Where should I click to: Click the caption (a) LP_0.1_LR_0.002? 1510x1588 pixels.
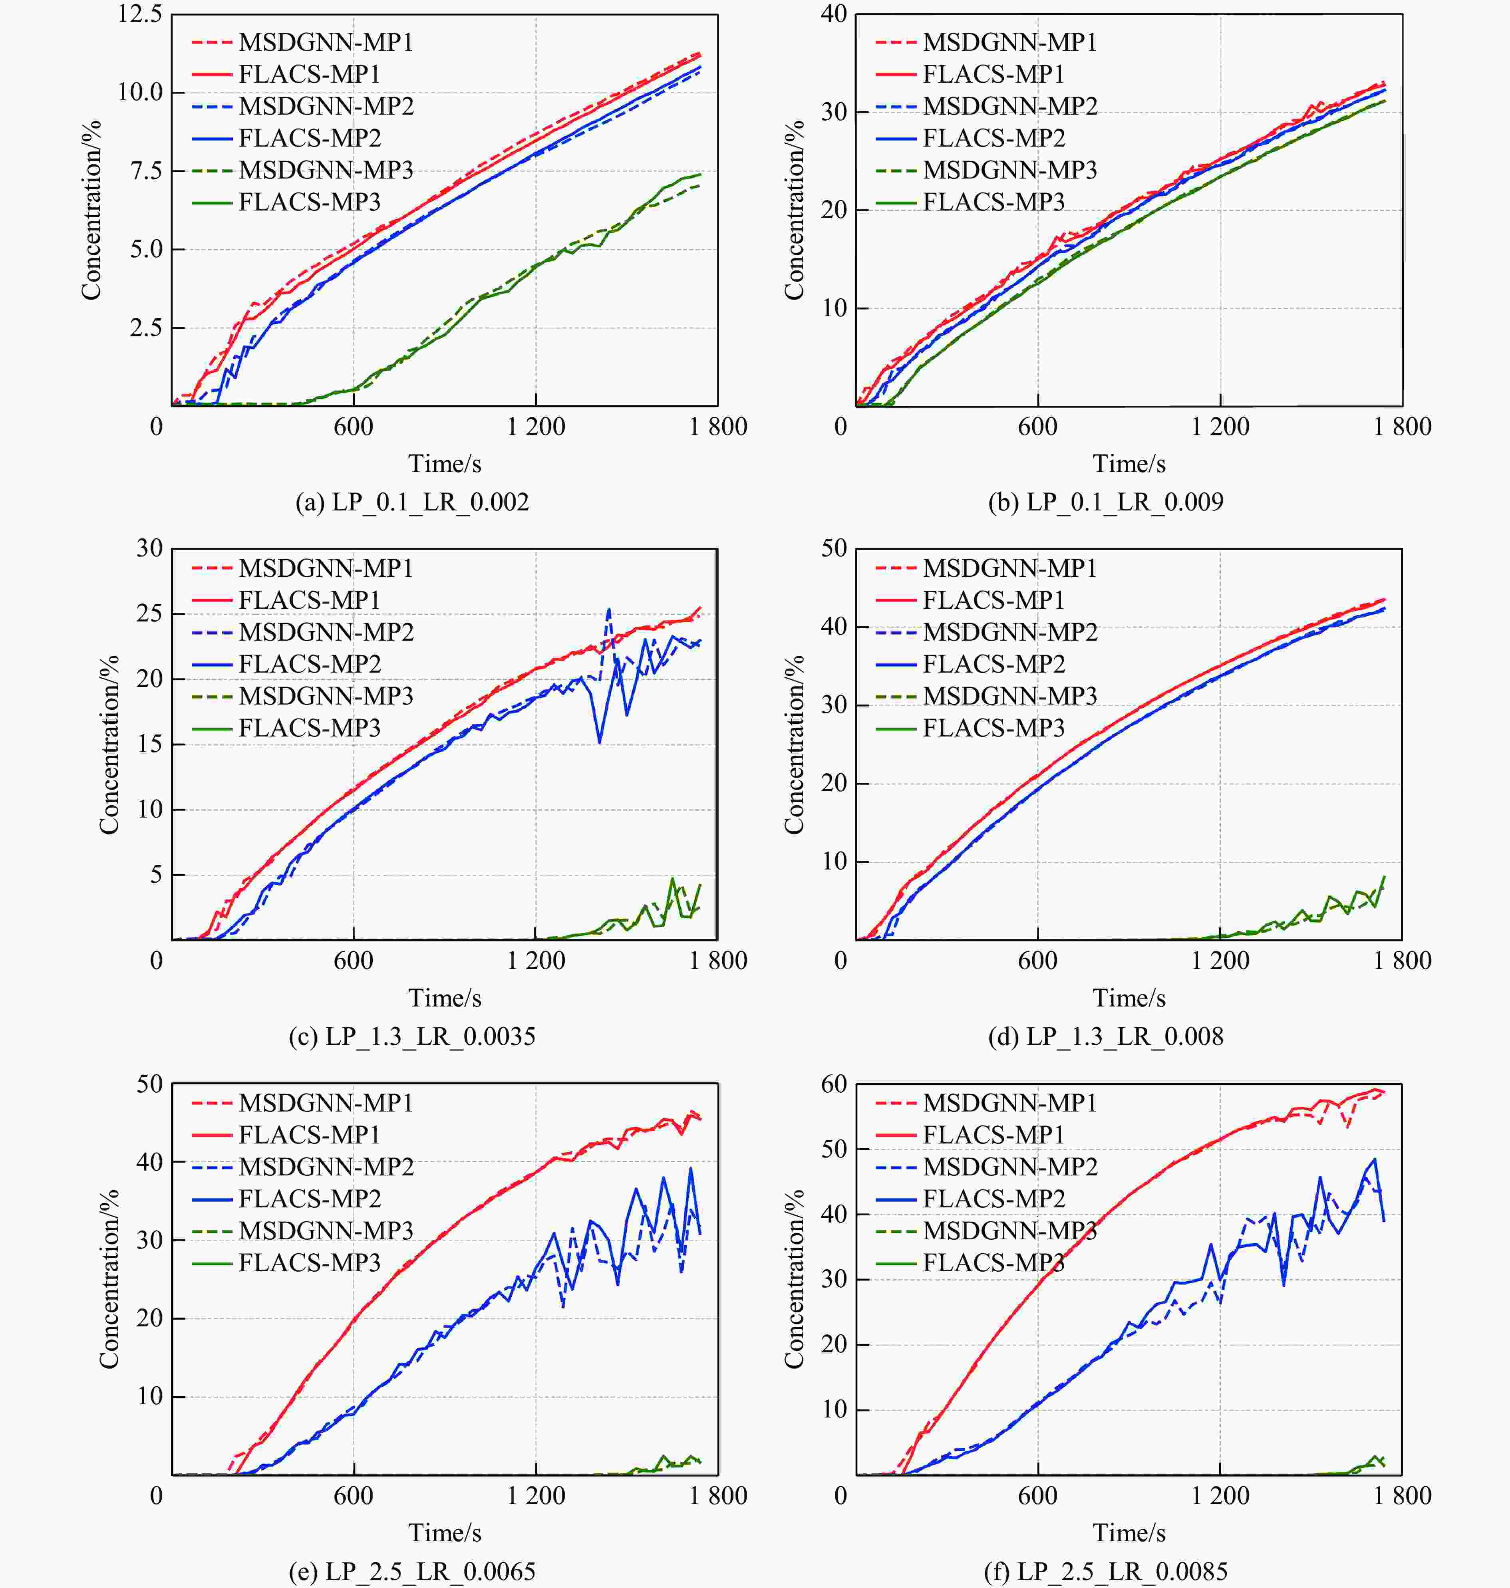tap(412, 502)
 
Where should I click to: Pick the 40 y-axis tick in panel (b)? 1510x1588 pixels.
tap(834, 14)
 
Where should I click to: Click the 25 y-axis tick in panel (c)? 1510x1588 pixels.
tap(150, 613)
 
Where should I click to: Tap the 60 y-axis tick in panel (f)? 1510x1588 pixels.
tap(834, 1084)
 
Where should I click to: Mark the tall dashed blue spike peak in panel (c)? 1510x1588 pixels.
tap(608, 609)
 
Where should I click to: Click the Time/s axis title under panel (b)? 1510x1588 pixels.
tap(1129, 464)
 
